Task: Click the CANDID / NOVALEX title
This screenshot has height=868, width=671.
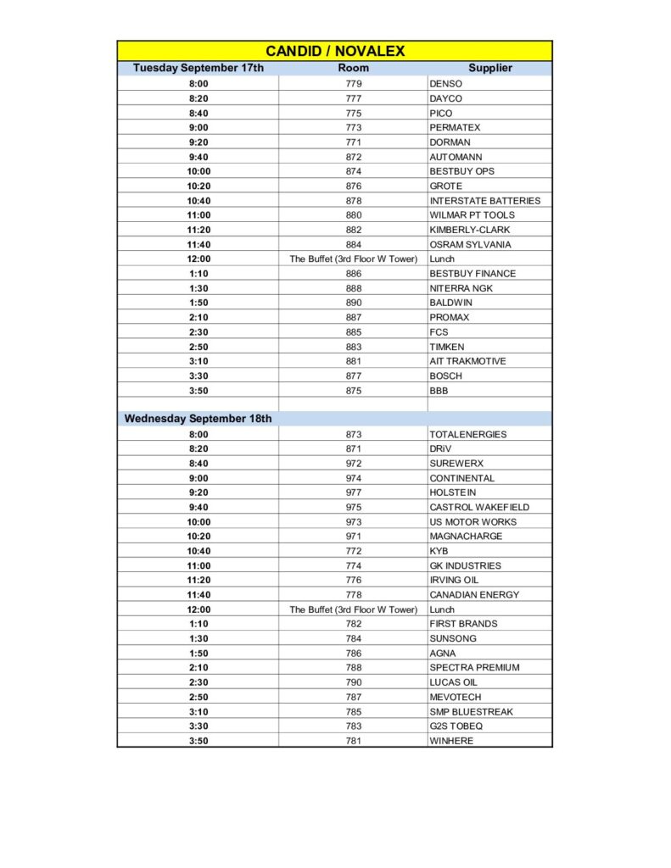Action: [335, 51]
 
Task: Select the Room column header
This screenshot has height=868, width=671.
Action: [353, 68]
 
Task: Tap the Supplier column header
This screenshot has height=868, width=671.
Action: [490, 68]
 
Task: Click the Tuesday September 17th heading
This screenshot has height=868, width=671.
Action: [199, 68]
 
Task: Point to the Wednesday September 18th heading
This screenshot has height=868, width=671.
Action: [199, 419]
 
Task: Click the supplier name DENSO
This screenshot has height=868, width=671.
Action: [446, 84]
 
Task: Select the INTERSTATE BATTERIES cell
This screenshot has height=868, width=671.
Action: [484, 201]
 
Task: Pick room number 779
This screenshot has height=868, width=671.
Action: [353, 84]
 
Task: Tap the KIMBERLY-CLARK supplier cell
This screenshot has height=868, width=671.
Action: [470, 230]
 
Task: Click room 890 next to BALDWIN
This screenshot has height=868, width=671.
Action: [353, 303]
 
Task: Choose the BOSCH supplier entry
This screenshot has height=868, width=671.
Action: [445, 376]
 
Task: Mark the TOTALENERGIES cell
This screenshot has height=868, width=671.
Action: [467, 434]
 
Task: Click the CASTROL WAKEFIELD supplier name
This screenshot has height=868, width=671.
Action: [478, 507]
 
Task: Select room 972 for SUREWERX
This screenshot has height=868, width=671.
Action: [353, 464]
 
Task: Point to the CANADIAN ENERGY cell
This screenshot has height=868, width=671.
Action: [474, 594]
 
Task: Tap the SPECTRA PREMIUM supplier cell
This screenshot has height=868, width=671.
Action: [474, 667]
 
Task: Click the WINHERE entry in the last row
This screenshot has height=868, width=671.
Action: [451, 741]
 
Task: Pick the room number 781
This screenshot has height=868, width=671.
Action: [353, 741]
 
